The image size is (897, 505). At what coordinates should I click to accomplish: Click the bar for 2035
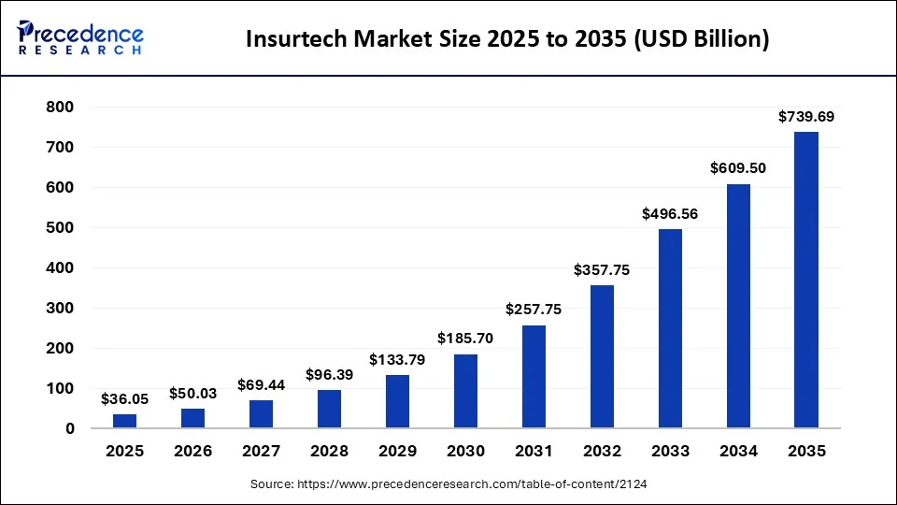coord(806,280)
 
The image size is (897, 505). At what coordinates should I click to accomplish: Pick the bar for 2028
coord(329,409)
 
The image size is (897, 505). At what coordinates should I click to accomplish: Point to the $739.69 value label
coord(806,117)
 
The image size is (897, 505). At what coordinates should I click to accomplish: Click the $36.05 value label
coord(124,399)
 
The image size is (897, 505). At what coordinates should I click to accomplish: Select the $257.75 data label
coord(534,310)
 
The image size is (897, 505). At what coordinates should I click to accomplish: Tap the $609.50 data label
coord(738,169)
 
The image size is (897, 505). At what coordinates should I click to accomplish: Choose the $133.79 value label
coord(397,360)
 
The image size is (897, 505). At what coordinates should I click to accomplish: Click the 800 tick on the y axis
coord(61,108)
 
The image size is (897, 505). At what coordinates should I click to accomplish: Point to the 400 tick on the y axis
coord(61,268)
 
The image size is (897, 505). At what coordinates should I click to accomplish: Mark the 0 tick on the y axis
coord(70,429)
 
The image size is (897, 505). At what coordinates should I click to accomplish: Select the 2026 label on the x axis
coord(192,451)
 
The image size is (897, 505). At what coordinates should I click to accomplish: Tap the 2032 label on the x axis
coord(602,451)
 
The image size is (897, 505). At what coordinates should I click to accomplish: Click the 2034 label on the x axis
coord(738,451)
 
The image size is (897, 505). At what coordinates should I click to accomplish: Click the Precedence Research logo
coord(79,37)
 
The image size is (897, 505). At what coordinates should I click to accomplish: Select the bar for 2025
coord(124,421)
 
